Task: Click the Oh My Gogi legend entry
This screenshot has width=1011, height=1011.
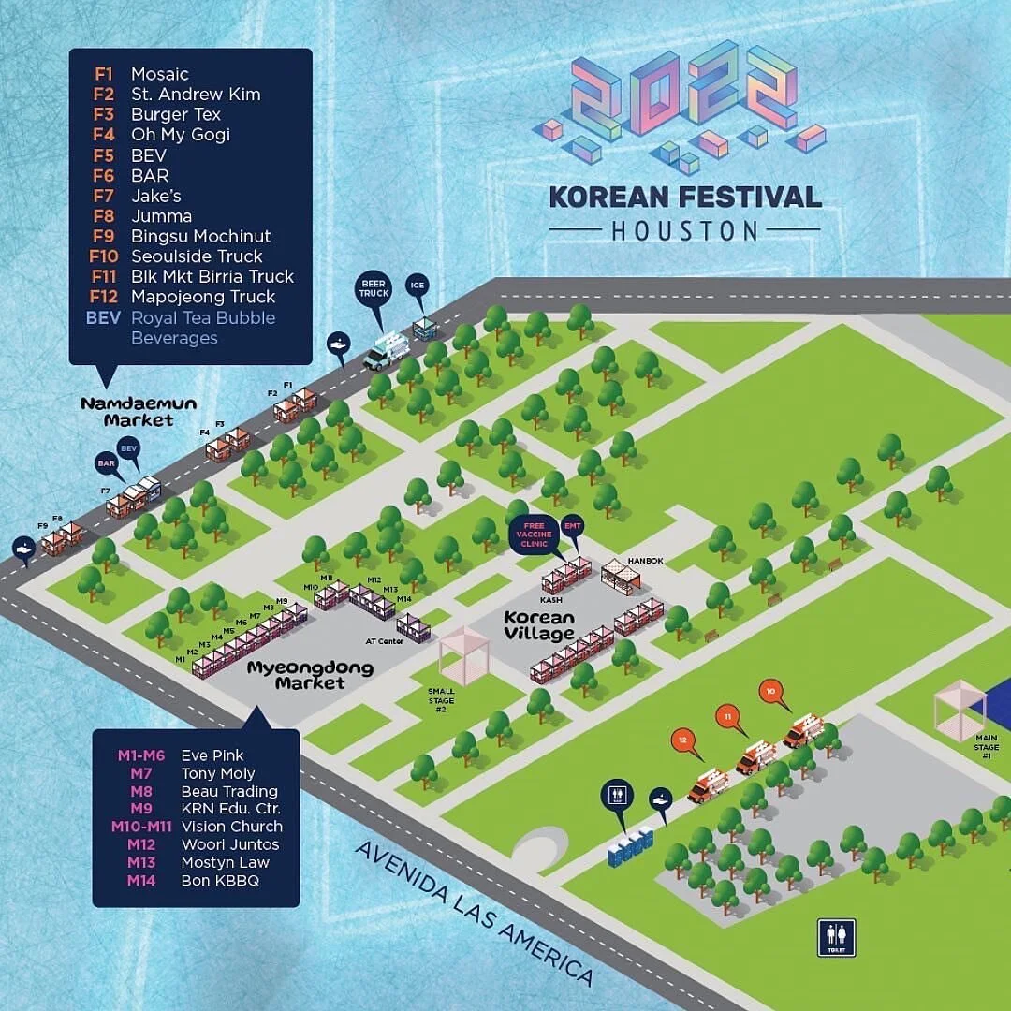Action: click(x=180, y=135)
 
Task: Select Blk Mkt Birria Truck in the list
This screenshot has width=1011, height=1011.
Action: click(x=212, y=276)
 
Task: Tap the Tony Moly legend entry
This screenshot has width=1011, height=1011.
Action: click(x=218, y=773)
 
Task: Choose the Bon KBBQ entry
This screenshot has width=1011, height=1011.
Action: click(x=220, y=881)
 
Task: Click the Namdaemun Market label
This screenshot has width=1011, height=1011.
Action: click(x=126, y=412)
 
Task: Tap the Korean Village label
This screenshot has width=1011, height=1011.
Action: click(x=538, y=625)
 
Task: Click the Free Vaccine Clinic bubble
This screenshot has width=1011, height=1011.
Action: click(x=534, y=535)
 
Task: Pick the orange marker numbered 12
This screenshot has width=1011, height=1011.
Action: click(x=685, y=740)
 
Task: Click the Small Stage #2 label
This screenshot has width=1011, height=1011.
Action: click(x=441, y=699)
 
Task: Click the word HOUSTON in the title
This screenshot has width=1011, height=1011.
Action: click(x=684, y=229)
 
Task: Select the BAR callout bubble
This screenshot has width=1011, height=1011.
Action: click(x=106, y=462)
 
